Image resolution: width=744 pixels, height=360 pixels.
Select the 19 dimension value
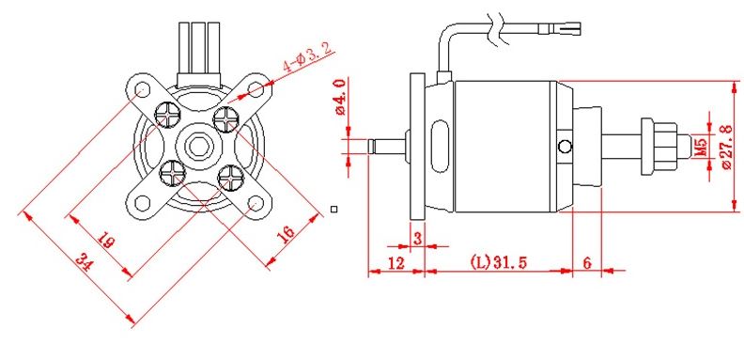click(x=106, y=240)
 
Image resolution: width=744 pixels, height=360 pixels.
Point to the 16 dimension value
click(x=286, y=234)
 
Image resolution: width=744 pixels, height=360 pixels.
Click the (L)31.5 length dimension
click(x=498, y=261)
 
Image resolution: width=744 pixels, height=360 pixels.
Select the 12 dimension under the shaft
click(x=395, y=262)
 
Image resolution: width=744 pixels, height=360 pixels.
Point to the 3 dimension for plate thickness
click(x=417, y=239)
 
